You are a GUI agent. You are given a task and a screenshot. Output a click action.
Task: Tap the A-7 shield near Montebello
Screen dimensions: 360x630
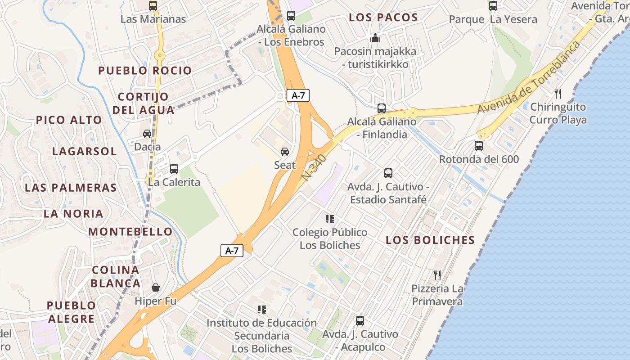[x=232, y=251]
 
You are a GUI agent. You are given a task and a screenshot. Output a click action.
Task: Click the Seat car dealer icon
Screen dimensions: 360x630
[x=285, y=152]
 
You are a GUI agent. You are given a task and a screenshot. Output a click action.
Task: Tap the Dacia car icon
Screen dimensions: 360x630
[x=147, y=134]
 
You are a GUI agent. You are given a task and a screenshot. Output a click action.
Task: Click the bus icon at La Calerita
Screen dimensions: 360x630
[x=174, y=169]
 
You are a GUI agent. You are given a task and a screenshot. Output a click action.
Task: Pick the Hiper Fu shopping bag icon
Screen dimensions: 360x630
[x=156, y=287]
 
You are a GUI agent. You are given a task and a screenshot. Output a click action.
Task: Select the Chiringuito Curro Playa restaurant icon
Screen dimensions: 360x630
[x=558, y=94]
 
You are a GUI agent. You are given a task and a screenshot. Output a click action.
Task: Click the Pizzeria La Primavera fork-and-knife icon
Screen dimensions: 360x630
[x=437, y=275]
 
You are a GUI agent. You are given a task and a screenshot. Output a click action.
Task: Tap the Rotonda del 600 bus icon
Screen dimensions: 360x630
[x=479, y=146]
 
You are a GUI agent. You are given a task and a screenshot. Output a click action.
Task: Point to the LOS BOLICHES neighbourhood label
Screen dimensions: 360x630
[x=430, y=240]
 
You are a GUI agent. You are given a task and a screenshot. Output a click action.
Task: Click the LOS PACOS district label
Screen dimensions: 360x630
[x=383, y=18]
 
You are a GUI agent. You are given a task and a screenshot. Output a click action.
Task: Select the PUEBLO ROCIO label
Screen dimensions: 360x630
[x=145, y=71]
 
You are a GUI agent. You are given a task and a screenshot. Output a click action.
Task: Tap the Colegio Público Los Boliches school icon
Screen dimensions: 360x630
[x=330, y=219]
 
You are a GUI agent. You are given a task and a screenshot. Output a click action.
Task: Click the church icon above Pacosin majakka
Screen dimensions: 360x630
[x=375, y=38]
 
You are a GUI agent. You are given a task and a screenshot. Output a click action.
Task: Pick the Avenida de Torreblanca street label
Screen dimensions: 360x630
[x=529, y=77]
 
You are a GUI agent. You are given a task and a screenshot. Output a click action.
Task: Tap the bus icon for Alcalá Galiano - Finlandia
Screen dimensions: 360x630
[x=382, y=108]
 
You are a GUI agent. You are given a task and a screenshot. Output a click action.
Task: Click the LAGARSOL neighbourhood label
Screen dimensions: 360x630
[x=84, y=151]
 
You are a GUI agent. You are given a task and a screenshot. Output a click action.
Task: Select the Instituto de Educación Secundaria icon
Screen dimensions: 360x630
[x=262, y=310]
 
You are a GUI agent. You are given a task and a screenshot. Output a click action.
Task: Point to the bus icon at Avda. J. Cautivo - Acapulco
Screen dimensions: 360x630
[x=360, y=321]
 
